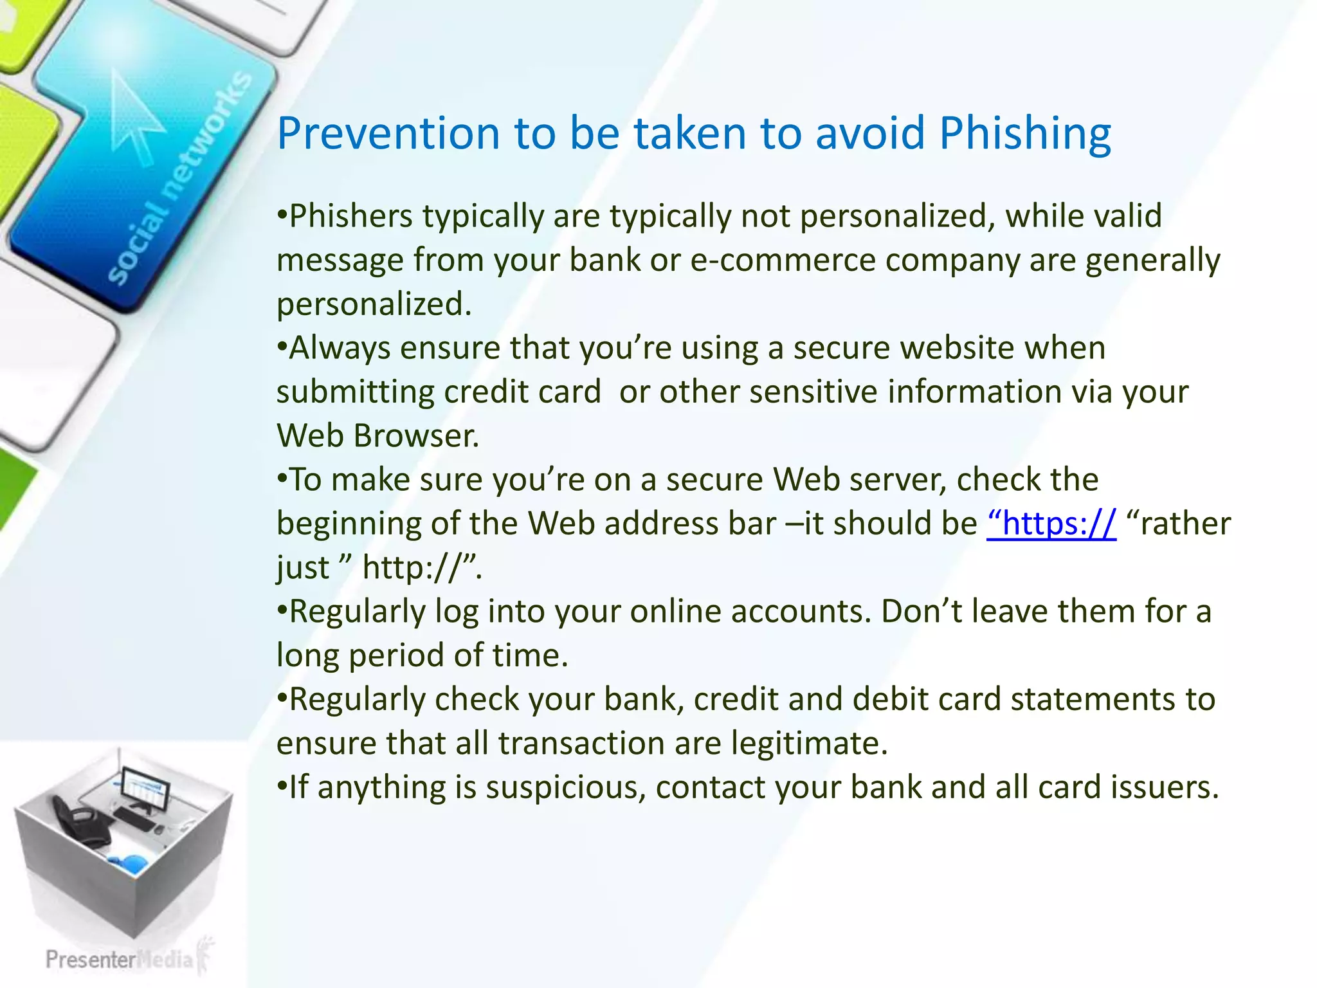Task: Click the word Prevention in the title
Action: click(388, 134)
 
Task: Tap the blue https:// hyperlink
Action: click(1051, 524)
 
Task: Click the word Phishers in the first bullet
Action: click(351, 216)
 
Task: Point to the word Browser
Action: click(417, 436)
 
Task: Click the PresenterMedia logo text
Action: click(120, 960)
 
